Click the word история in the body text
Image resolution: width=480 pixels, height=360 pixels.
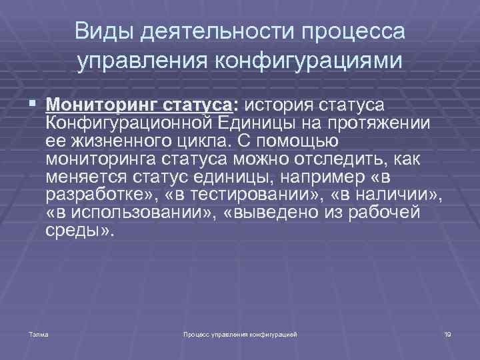[x=279, y=105]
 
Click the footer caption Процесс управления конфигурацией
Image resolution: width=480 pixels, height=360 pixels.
[x=240, y=333]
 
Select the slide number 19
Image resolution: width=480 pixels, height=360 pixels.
[x=447, y=333]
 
